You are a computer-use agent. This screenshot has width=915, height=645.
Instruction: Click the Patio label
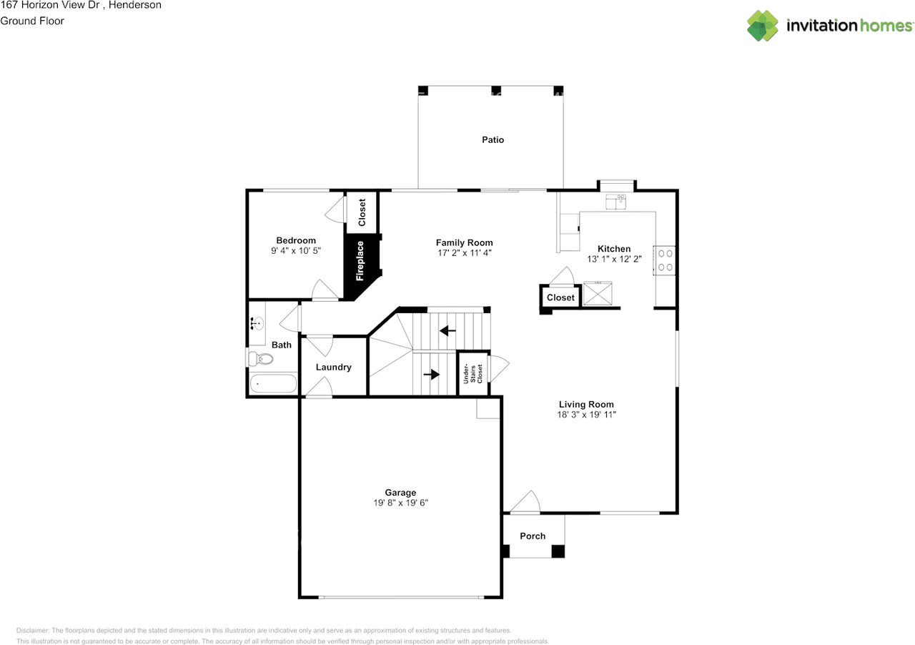click(x=493, y=140)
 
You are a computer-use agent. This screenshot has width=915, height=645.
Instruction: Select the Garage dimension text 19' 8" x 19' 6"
click(x=400, y=503)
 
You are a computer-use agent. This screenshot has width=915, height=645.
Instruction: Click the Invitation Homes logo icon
click(x=763, y=26)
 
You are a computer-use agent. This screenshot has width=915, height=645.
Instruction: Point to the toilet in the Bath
click(x=255, y=358)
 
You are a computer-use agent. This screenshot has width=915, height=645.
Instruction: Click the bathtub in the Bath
click(x=273, y=384)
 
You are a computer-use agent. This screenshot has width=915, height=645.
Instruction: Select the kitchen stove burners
click(x=665, y=260)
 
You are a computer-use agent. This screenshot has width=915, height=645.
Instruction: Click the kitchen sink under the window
click(x=615, y=202)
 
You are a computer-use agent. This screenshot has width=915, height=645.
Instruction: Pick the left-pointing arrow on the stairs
click(x=448, y=330)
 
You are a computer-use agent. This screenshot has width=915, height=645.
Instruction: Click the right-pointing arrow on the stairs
click(x=431, y=373)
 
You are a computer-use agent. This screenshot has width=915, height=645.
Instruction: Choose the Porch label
click(x=533, y=536)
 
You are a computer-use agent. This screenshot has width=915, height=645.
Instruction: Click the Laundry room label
click(x=334, y=368)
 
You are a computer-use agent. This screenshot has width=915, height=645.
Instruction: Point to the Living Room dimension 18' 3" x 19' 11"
click(x=586, y=415)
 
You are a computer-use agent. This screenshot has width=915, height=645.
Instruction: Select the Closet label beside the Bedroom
click(x=362, y=212)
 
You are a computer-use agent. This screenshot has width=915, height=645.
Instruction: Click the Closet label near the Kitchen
click(x=560, y=297)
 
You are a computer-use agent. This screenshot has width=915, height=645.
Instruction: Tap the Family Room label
click(x=465, y=243)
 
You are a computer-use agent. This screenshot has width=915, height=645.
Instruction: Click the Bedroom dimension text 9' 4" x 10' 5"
click(x=296, y=251)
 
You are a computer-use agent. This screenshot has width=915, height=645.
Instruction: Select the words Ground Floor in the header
click(x=32, y=21)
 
